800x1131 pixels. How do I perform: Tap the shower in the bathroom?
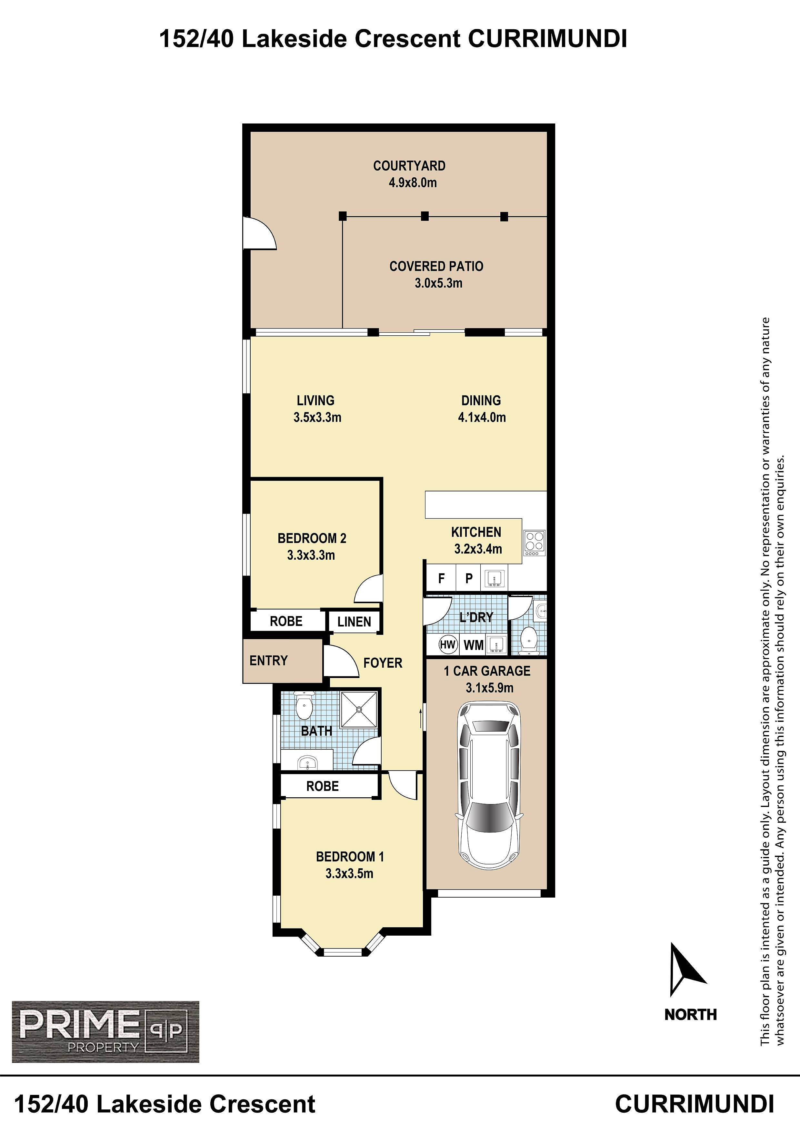point(359,709)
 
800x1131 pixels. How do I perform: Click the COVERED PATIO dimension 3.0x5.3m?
point(438,283)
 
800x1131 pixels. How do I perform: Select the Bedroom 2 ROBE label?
point(286,621)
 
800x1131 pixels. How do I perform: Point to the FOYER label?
point(383,663)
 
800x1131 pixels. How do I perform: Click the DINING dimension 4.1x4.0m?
point(482,417)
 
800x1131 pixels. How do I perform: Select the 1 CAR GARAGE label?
point(487,671)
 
